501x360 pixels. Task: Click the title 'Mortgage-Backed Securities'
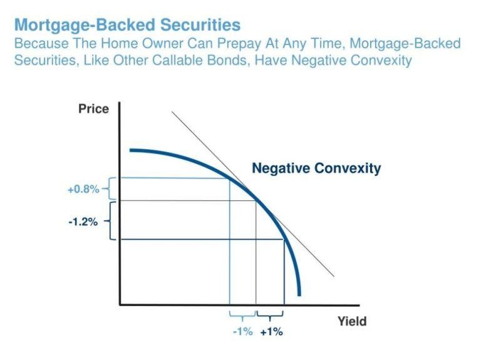coord(127,25)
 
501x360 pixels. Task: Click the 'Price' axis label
coord(93,109)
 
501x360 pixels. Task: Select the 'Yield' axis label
coord(352,322)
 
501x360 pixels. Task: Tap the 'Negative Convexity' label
coord(316,168)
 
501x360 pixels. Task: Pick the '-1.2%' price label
coord(83,221)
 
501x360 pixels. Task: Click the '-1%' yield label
coord(242,332)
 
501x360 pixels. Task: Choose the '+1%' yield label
coord(271,332)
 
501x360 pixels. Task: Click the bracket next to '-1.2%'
coord(111,220)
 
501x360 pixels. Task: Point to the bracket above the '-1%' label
coord(242,316)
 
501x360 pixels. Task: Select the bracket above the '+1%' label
coord(271,316)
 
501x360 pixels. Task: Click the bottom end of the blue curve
coord(299,295)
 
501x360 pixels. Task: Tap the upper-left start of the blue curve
coord(131,150)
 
